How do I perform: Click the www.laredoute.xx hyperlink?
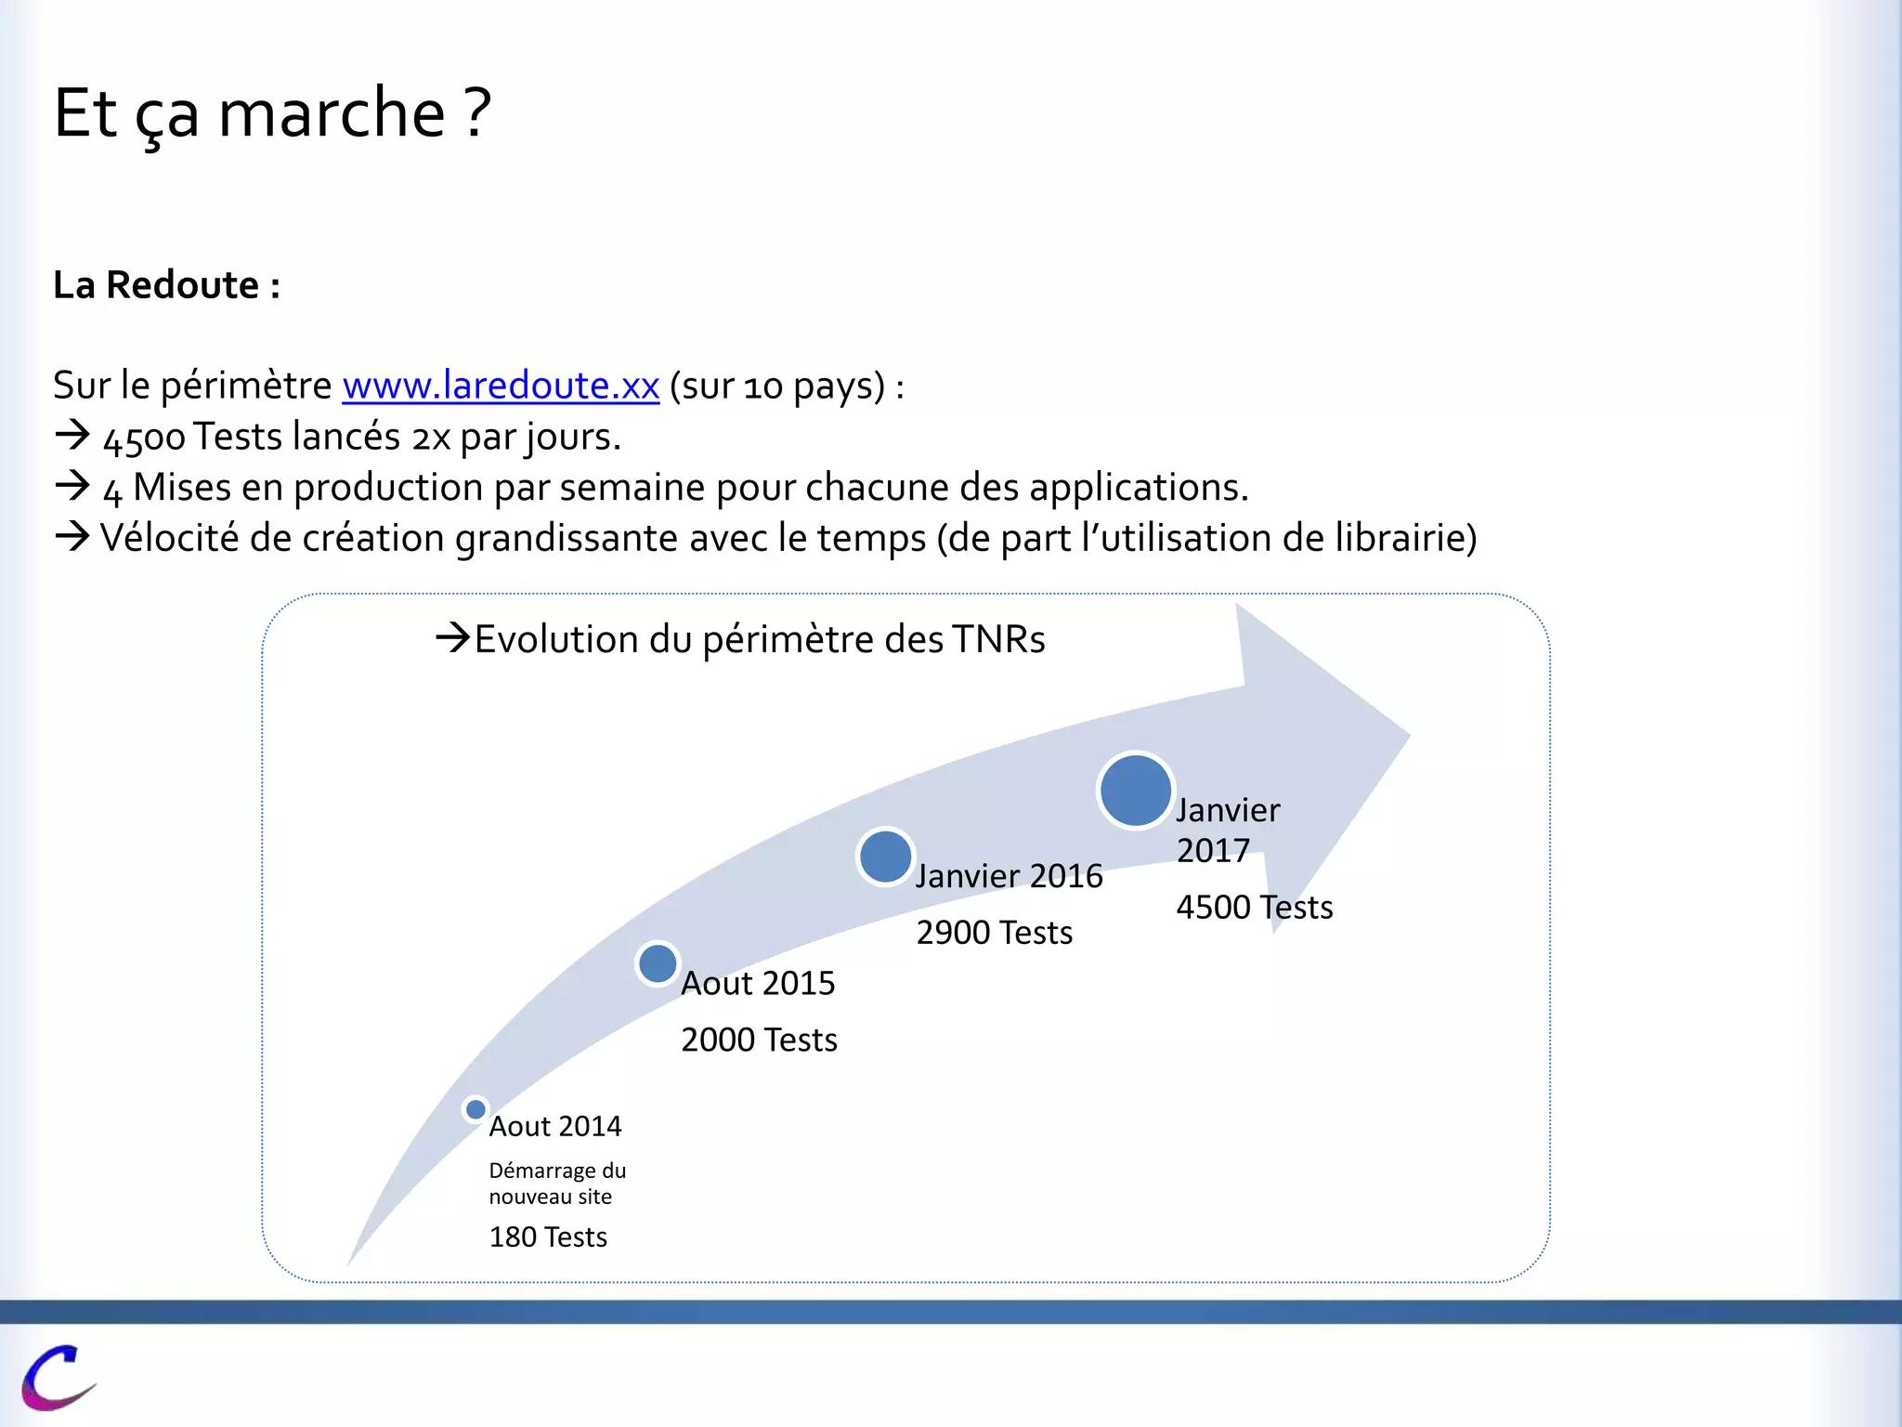click(501, 386)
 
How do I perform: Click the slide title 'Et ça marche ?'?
click(271, 113)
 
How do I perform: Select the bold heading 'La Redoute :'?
click(166, 285)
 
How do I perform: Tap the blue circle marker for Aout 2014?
click(475, 1109)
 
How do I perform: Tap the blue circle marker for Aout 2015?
click(658, 963)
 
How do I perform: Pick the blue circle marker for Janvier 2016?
click(885, 857)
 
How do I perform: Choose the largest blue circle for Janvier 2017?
click(1135, 791)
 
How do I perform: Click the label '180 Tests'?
click(548, 1237)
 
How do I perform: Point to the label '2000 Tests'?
click(759, 1040)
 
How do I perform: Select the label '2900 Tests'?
click(994, 933)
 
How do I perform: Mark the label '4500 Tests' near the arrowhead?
click(1254, 908)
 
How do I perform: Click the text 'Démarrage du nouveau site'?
click(557, 1184)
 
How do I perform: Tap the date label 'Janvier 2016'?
click(1009, 876)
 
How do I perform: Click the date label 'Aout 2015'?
click(758, 984)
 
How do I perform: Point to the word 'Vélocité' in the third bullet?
click(169, 539)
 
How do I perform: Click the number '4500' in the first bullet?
click(144, 439)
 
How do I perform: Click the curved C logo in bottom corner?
click(58, 1377)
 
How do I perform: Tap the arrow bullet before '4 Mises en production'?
click(72, 486)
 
